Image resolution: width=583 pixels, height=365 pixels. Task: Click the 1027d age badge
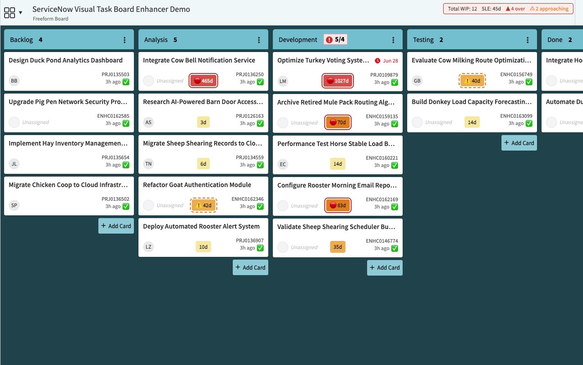(338, 81)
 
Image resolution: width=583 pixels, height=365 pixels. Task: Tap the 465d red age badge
(203, 81)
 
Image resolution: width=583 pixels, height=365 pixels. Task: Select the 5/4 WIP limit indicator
(336, 40)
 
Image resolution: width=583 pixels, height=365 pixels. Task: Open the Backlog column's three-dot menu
(124, 40)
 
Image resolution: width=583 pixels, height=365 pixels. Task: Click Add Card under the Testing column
(519, 143)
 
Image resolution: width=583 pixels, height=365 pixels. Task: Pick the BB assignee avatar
(14, 81)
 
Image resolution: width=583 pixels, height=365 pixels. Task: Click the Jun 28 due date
(386, 61)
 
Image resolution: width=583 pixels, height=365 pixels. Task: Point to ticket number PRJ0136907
(250, 240)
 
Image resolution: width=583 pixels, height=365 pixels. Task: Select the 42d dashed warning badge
(203, 205)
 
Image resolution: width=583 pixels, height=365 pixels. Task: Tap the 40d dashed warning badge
(472, 81)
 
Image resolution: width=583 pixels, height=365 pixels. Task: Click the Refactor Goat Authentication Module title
(197, 185)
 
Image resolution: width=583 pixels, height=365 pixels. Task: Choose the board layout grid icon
(10, 12)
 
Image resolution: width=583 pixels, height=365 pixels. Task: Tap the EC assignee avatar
(283, 164)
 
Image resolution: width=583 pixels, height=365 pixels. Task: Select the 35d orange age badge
(338, 247)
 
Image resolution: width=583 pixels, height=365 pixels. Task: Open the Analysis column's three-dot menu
(259, 40)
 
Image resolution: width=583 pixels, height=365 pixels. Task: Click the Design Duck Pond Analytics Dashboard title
(66, 60)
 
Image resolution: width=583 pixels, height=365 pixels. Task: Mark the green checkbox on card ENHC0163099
(529, 123)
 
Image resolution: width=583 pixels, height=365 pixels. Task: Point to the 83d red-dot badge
(338, 205)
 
